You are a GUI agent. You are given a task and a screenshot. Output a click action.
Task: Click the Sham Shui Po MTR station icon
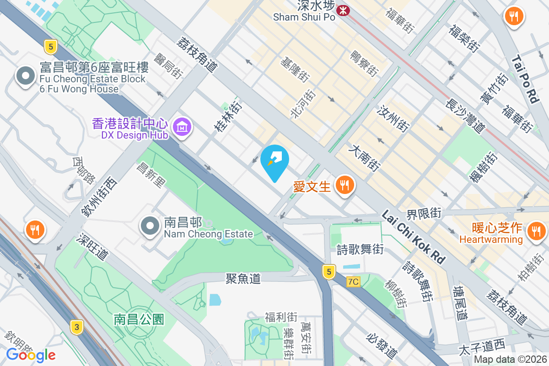[x=342, y=10]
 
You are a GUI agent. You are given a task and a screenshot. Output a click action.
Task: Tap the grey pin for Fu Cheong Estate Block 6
[x=26, y=76]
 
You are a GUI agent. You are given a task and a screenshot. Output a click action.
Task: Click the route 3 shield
[x=77, y=327]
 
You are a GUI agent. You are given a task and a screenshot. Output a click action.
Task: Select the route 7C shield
[x=353, y=282]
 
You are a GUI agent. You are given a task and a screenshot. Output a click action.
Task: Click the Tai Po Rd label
[x=526, y=79]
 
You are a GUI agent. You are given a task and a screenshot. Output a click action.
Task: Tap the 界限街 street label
[x=424, y=213]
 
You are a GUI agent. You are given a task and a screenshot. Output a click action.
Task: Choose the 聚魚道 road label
[x=243, y=278]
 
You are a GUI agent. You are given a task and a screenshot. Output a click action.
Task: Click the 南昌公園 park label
[x=139, y=319]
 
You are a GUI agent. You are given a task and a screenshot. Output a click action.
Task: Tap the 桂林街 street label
[x=228, y=117]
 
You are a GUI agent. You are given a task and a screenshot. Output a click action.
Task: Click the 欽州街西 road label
[x=99, y=196]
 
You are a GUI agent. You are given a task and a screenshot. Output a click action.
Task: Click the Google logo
[x=31, y=355]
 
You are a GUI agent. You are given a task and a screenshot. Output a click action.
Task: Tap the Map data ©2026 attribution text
[x=510, y=360]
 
